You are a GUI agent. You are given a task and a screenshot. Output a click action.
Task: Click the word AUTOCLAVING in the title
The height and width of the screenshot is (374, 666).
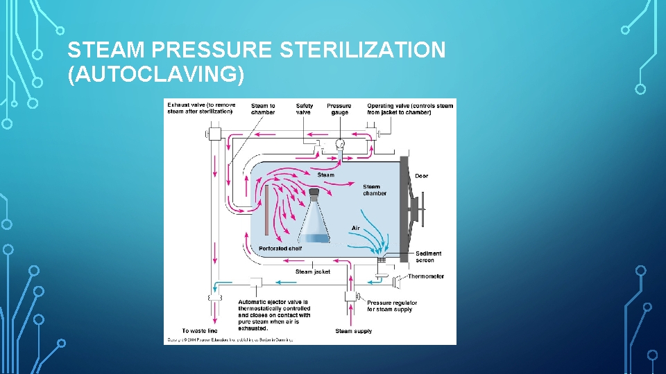(x=156, y=73)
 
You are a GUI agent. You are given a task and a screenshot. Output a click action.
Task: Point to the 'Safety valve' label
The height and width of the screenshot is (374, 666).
(x=305, y=109)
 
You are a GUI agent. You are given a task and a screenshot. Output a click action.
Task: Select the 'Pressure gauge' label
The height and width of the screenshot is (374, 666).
(x=339, y=109)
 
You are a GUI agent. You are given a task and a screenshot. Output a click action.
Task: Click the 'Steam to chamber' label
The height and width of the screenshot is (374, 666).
(x=263, y=109)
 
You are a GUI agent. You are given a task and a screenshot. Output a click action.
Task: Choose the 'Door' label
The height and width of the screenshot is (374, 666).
(x=421, y=176)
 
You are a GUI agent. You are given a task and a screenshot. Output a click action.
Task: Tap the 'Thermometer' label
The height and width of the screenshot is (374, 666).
(x=426, y=276)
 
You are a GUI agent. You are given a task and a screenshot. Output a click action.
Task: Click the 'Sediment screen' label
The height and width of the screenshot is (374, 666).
(x=428, y=257)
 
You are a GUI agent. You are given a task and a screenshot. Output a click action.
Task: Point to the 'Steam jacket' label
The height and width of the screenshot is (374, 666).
(x=313, y=271)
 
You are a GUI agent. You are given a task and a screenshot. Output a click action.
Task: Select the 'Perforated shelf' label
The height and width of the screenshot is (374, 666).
(x=280, y=249)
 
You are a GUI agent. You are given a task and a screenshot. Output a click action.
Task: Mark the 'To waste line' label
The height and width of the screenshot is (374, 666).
(x=199, y=331)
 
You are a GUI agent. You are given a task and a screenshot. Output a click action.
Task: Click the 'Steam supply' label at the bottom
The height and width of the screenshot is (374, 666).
(x=354, y=331)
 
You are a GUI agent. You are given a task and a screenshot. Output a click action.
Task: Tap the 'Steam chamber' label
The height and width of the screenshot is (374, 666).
(x=375, y=190)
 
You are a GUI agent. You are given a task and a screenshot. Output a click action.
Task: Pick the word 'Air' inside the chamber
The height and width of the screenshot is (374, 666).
(x=356, y=228)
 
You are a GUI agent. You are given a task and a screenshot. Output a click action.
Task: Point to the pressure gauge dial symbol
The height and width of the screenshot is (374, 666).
(x=340, y=144)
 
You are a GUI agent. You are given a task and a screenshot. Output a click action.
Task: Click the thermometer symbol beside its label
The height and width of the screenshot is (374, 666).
(x=398, y=281)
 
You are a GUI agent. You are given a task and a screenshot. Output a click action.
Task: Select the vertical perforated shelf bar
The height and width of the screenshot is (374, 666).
(x=266, y=210)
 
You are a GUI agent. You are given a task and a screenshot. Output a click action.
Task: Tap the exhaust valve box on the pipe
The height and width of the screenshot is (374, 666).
(x=214, y=133)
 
